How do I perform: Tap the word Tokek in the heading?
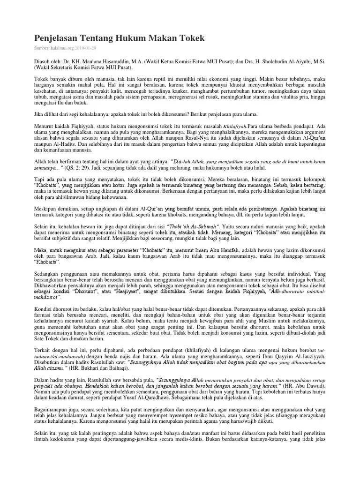[x=190, y=38]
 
